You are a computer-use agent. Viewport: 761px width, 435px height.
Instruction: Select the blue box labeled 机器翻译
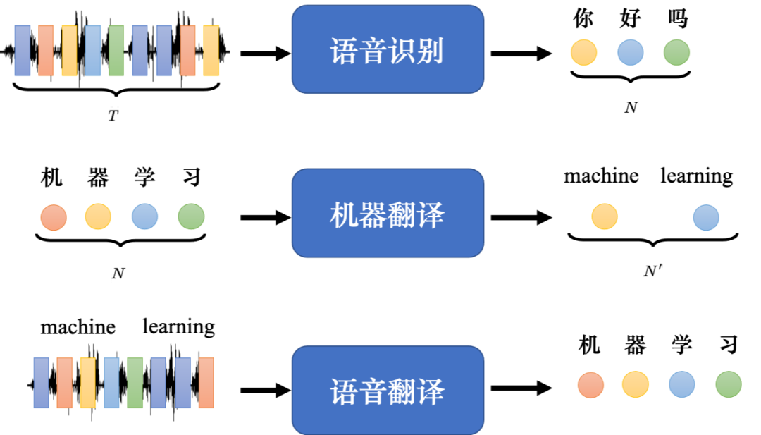(x=388, y=214)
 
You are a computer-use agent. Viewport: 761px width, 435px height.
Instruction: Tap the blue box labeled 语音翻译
(x=388, y=390)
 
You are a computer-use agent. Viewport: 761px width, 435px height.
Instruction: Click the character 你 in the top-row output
(x=583, y=18)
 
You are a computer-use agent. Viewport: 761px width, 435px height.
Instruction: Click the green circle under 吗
(x=676, y=52)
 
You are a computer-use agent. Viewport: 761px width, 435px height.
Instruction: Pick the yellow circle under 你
(x=583, y=52)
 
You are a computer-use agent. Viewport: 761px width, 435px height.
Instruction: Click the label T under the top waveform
(x=113, y=116)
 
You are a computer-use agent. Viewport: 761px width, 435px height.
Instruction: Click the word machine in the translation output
(x=601, y=176)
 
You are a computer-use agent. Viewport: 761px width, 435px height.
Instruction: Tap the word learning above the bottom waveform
(x=178, y=327)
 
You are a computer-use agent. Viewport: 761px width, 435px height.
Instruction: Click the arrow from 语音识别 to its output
(x=521, y=53)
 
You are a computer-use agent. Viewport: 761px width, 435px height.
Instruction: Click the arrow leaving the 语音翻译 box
(x=521, y=387)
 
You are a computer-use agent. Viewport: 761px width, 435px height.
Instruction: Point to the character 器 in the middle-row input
(x=98, y=178)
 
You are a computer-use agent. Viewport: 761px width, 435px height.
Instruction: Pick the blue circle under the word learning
(x=705, y=217)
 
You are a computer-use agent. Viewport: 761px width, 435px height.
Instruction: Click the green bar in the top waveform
(x=116, y=50)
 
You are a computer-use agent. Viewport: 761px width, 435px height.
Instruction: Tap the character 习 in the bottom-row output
(x=728, y=345)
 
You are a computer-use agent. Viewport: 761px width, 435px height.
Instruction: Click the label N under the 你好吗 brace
(x=631, y=107)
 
